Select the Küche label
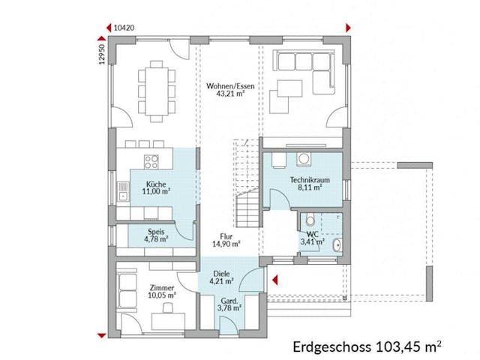click(156, 184)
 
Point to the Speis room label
click(156, 232)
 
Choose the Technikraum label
click(306, 180)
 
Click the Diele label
click(220, 274)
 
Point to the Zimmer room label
click(162, 287)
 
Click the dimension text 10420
click(124, 27)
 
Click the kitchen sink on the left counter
click(122, 190)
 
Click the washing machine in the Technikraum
click(306, 158)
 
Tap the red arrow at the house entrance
click(274, 283)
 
